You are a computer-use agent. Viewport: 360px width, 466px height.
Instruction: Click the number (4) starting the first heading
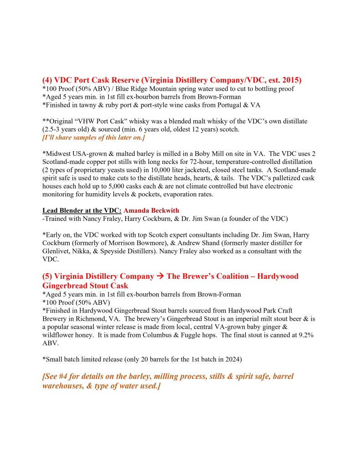tap(47, 80)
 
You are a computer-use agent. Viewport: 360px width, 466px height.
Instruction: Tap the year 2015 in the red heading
tap(289, 80)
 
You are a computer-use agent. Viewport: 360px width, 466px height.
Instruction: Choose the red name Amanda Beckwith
tap(152, 210)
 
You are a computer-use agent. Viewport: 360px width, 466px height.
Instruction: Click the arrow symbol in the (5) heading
tap(162, 277)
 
